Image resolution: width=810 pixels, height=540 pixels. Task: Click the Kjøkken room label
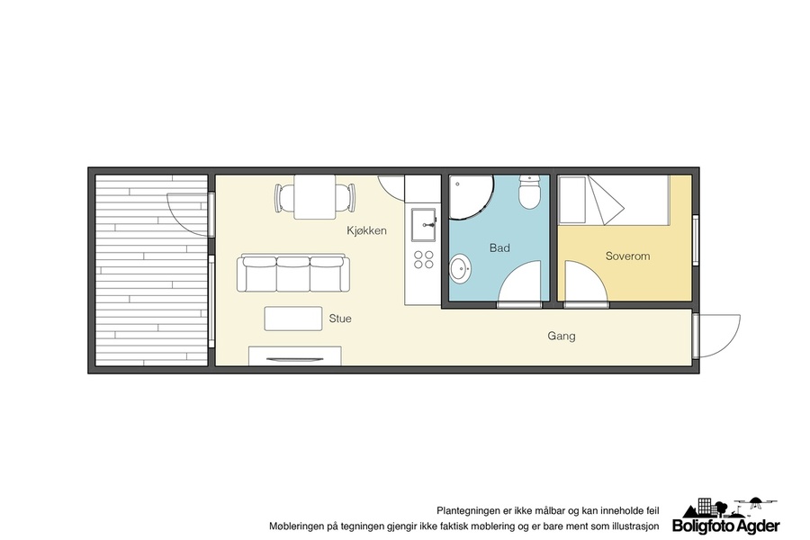(x=366, y=231)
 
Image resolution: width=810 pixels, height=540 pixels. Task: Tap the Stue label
(x=340, y=319)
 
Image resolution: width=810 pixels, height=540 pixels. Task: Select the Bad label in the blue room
(x=499, y=248)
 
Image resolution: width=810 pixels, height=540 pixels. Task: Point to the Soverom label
(x=627, y=256)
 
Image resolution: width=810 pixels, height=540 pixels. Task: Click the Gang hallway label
(x=562, y=337)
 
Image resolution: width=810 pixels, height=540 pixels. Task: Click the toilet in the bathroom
(x=529, y=192)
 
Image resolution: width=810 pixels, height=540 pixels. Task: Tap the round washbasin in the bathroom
(x=459, y=269)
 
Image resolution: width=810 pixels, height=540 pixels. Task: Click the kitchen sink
(x=424, y=226)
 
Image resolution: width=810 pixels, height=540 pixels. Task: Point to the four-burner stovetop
(x=424, y=259)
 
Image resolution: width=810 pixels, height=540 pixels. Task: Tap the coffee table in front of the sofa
(x=293, y=319)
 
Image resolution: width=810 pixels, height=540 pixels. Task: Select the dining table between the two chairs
(x=315, y=197)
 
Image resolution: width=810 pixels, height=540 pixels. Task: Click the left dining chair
(x=284, y=198)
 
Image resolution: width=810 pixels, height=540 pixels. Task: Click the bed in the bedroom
(x=614, y=200)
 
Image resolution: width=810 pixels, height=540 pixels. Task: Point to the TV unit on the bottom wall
(x=295, y=356)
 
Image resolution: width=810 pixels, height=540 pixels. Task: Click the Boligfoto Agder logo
(x=726, y=516)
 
